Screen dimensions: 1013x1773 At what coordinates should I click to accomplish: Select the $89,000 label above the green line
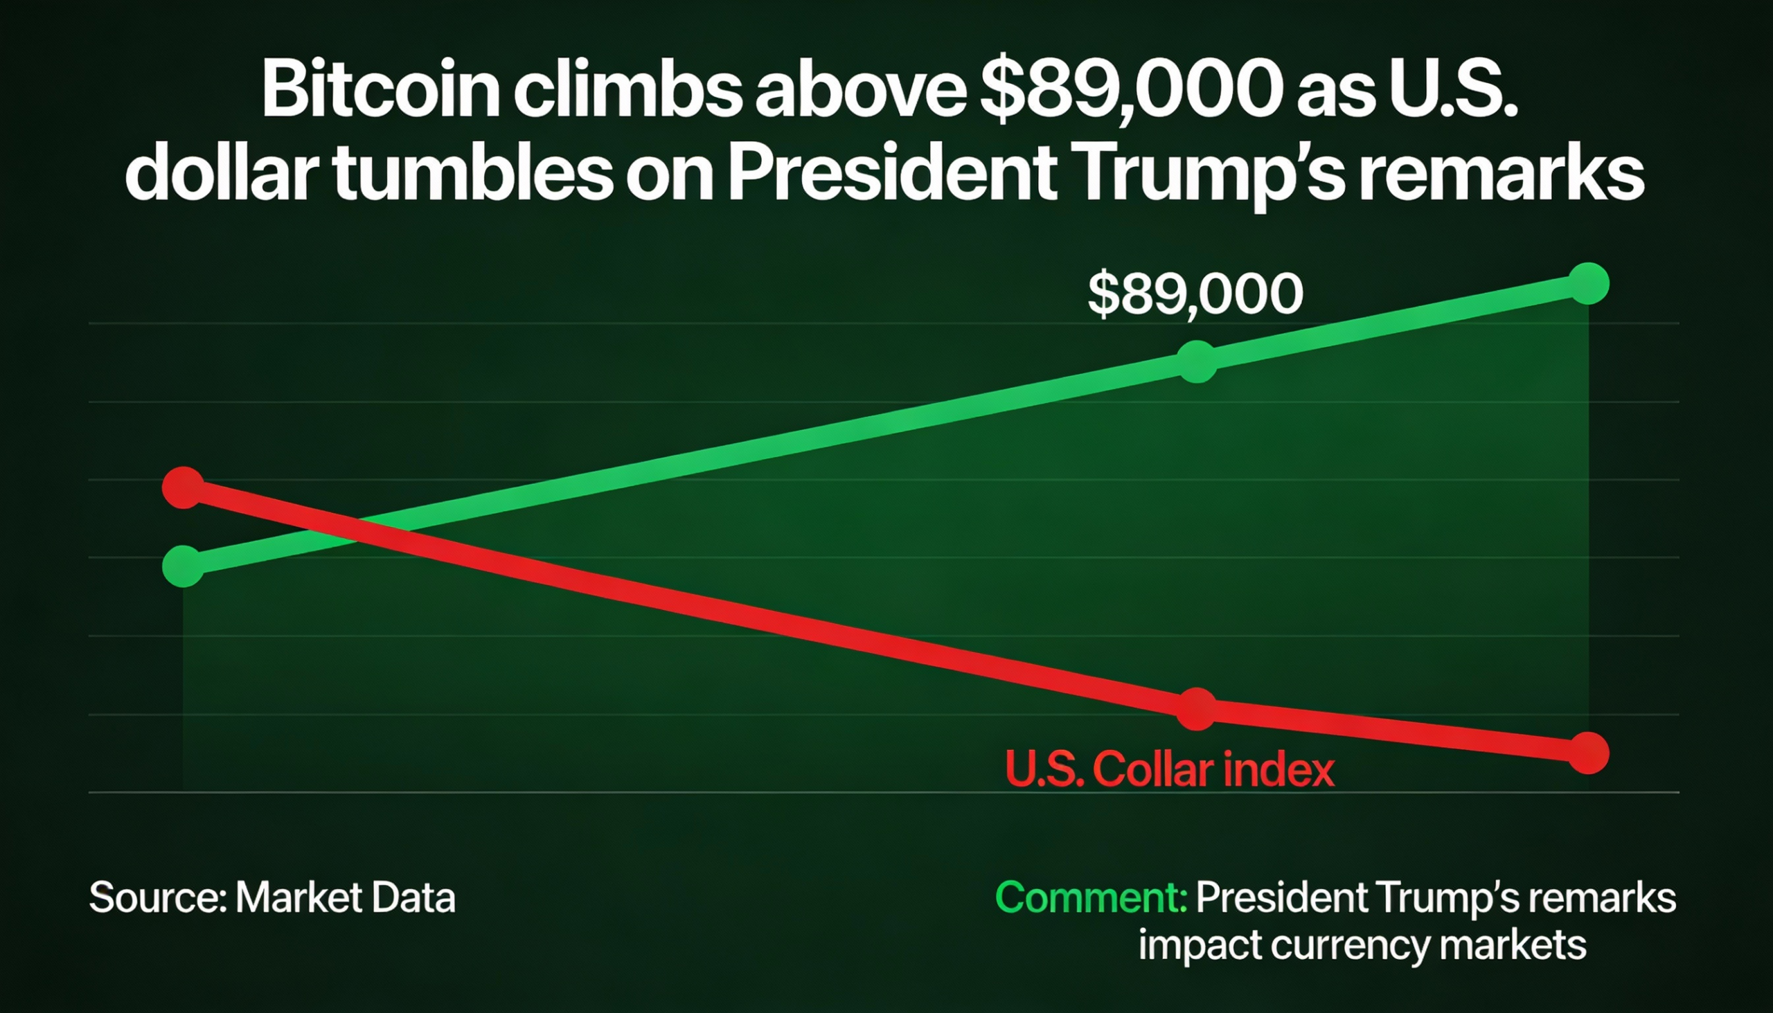click(x=1195, y=294)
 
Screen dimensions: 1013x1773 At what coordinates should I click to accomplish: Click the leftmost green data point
click(x=183, y=566)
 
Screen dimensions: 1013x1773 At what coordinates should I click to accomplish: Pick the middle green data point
click(x=1197, y=361)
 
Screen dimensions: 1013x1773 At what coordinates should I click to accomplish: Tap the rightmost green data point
click(x=1589, y=284)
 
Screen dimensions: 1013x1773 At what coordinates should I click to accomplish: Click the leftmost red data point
click(x=183, y=487)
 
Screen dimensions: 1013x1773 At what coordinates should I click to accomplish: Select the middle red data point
click(x=1197, y=709)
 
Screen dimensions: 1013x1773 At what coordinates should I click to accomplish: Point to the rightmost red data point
click(x=1589, y=753)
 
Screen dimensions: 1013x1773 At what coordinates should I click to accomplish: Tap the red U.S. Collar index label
click(x=1170, y=770)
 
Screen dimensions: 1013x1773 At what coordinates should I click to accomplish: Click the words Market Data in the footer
click(x=345, y=897)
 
